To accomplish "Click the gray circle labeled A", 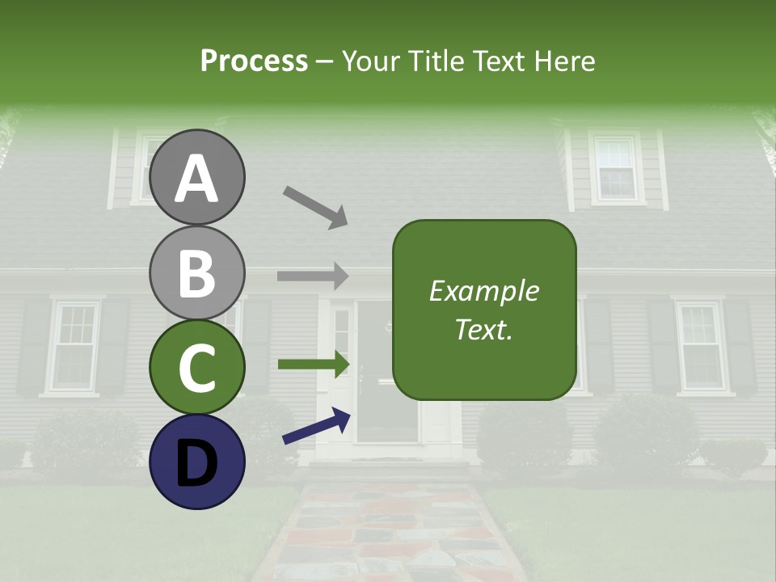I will tap(196, 177).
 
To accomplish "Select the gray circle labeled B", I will tap(196, 272).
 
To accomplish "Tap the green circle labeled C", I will tap(196, 367).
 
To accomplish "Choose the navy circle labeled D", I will tap(196, 462).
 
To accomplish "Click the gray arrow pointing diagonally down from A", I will tap(315, 207).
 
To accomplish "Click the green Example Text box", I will tap(484, 310).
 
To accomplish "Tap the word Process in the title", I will tap(254, 61).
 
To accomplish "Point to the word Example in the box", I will tap(484, 291).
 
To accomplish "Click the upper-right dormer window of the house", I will tap(617, 168).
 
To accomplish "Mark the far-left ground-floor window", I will tap(75, 346).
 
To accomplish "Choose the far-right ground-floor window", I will tap(701, 345).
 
